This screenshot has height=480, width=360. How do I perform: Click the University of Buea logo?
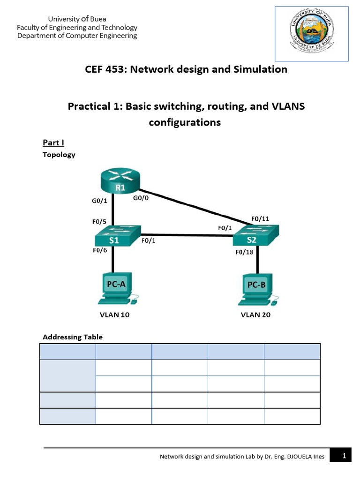click(x=311, y=33)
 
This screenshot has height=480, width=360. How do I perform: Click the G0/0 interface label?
click(x=141, y=198)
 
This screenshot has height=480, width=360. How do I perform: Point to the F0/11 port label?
click(x=260, y=218)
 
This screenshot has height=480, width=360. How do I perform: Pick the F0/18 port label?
click(x=244, y=253)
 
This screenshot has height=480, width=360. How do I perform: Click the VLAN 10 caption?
click(x=114, y=315)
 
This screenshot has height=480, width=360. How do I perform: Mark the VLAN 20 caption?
click(x=255, y=315)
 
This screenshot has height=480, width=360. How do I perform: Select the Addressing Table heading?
click(x=73, y=337)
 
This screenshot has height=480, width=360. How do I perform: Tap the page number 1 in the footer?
click(x=344, y=456)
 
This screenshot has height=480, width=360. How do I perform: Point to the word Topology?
click(x=59, y=155)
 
